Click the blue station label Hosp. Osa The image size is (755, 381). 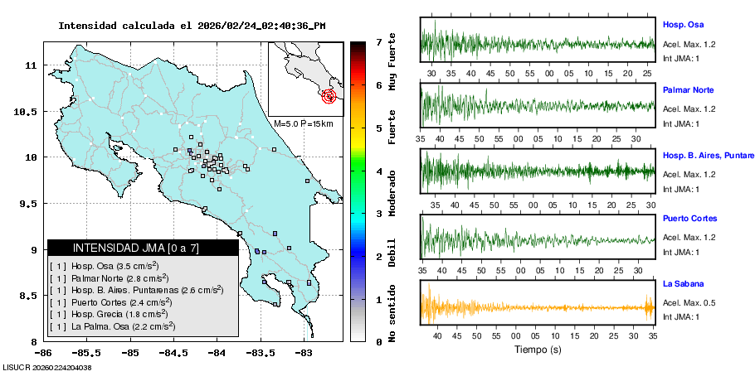[683, 25]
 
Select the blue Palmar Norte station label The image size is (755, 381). [688, 89]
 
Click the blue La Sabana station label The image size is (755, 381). [683, 283]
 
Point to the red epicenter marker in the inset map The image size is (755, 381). [329, 96]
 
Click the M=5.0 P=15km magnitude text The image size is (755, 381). [304, 123]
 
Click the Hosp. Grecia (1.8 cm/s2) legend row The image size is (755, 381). [114, 314]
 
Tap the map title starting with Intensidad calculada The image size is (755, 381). [192, 26]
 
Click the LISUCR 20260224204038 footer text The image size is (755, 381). [47, 366]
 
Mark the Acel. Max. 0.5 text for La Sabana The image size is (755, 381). [689, 302]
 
